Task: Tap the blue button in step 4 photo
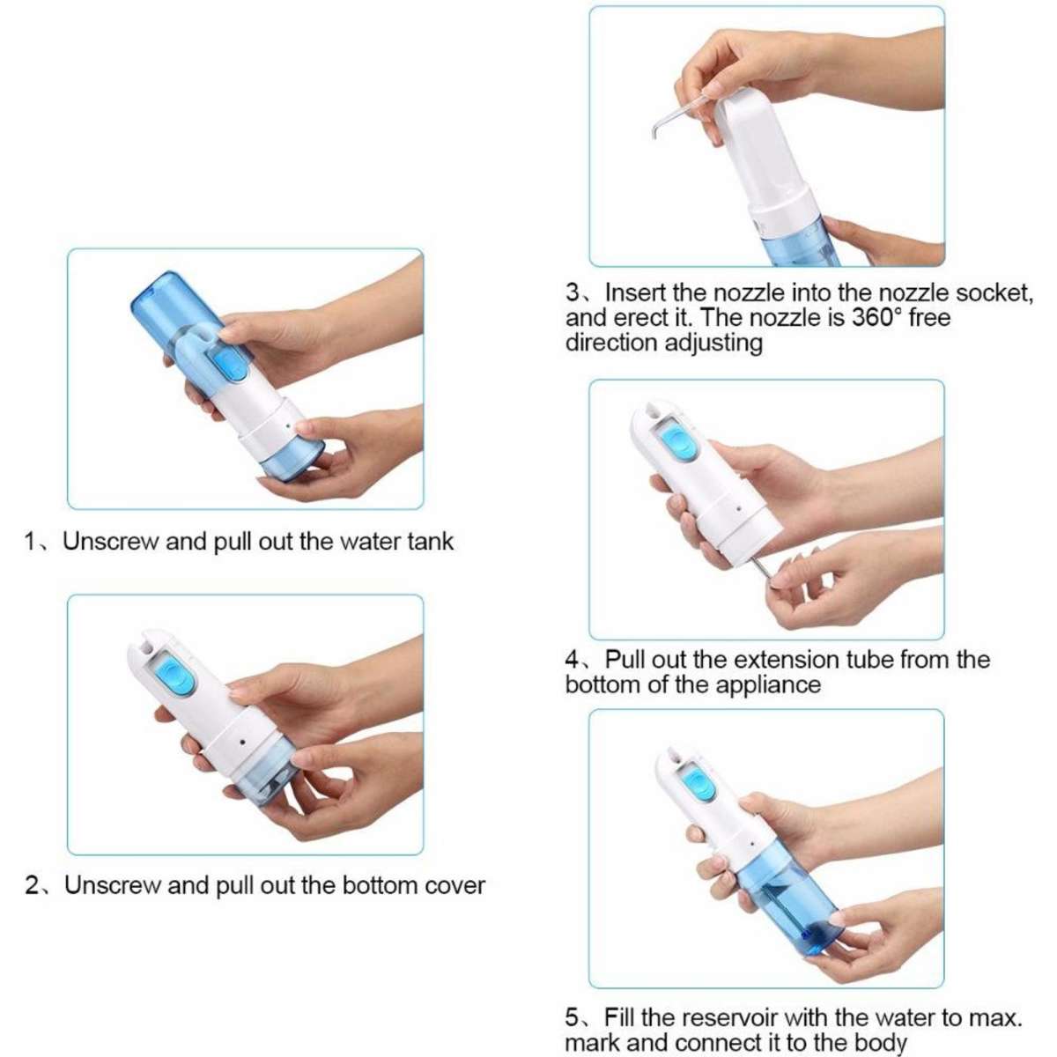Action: point(678,442)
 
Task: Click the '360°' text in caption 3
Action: point(876,318)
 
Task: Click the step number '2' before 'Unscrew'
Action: point(33,885)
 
